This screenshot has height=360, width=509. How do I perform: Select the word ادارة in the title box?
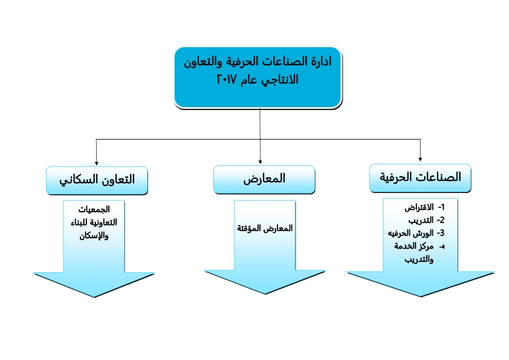pyautogui.click(x=319, y=61)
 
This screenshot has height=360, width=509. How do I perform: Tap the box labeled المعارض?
pyautogui.click(x=264, y=179)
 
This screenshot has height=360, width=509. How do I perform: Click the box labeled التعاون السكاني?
pyautogui.click(x=97, y=180)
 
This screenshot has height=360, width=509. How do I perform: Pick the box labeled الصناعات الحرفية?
pyautogui.click(x=420, y=178)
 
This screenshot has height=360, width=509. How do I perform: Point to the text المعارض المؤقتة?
pyautogui.click(x=265, y=228)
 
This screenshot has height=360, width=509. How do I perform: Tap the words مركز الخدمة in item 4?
pyautogui.click(x=414, y=246)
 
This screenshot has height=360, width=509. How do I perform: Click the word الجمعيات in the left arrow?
pyautogui.click(x=94, y=209)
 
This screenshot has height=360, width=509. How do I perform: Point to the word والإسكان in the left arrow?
pyautogui.click(x=94, y=235)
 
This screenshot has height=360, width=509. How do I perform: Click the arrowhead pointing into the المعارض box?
pyautogui.click(x=260, y=162)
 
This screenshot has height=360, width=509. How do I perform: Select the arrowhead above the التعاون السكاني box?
pyautogui.click(x=96, y=163)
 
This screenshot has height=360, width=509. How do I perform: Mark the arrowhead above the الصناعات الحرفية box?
pyautogui.click(x=420, y=159)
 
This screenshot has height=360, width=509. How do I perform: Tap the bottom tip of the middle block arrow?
pyautogui.click(x=265, y=295)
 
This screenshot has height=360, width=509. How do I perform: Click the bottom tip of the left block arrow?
pyautogui.click(x=94, y=297)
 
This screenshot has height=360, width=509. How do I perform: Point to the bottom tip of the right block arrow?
pyautogui.click(x=421, y=296)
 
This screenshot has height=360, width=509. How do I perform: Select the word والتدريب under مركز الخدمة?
pyautogui.click(x=419, y=260)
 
